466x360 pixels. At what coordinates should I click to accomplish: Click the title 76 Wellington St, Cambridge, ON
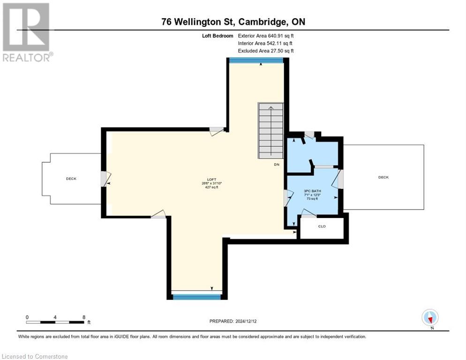(x=233, y=22)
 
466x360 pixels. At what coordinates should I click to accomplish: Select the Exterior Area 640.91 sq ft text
(x=266, y=36)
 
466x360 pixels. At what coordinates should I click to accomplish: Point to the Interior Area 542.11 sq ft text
(x=265, y=43)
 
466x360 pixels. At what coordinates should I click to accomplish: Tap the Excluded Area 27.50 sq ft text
(x=266, y=51)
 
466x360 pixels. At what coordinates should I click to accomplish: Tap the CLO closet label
(x=322, y=226)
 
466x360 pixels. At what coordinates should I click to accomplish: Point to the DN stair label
(x=277, y=165)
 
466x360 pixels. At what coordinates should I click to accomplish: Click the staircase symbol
(x=271, y=131)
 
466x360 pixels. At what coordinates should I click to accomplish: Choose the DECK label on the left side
(x=71, y=179)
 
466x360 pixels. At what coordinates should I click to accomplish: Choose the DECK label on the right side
(x=383, y=177)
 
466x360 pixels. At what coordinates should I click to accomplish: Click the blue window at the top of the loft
(x=256, y=60)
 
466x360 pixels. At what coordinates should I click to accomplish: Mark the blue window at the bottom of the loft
(x=197, y=296)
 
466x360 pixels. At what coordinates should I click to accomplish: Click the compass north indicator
(x=430, y=318)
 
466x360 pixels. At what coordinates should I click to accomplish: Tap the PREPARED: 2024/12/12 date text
(x=233, y=321)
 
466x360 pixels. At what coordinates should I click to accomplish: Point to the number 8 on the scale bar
(x=83, y=317)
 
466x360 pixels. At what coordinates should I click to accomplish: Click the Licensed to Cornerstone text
(x=35, y=357)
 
